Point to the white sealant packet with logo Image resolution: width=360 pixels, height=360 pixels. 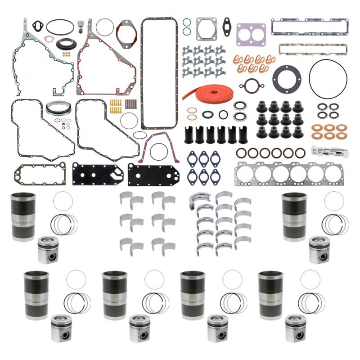point(329,152)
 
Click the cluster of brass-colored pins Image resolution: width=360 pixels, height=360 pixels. point(116,108)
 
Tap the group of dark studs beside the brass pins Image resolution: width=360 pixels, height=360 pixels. point(131,104)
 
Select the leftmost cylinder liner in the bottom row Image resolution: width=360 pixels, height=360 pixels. point(36,295)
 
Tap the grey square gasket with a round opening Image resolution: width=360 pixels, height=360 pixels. point(207,28)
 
